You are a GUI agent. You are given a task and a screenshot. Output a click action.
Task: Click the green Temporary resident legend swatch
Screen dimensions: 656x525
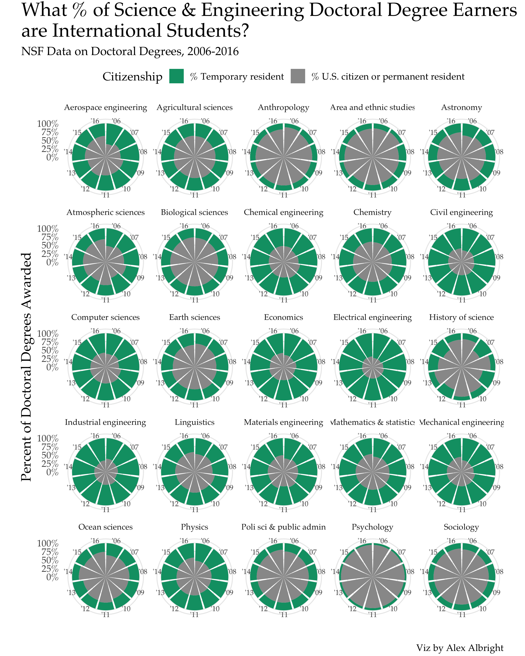pos(177,76)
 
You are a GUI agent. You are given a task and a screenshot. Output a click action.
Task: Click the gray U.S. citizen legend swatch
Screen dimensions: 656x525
pos(298,76)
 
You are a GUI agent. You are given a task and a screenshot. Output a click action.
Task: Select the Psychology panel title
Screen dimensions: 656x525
pos(372,527)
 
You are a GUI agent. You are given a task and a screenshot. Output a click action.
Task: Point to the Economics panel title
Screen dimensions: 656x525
pos(283,317)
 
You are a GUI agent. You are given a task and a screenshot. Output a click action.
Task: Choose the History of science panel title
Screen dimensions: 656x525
pos(461,317)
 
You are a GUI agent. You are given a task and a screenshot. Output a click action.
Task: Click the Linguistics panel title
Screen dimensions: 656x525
pos(194,422)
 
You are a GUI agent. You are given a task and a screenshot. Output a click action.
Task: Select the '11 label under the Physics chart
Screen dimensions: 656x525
pos(194,615)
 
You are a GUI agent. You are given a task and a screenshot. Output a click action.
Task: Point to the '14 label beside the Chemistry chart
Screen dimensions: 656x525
pos(335,257)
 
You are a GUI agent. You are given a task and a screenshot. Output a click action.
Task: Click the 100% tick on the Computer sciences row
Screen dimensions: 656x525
pos(48,333)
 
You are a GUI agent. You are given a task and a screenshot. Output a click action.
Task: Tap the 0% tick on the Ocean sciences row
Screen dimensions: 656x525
pos(52,577)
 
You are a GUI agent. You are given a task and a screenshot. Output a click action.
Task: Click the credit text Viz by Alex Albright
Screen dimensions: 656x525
pos(460,647)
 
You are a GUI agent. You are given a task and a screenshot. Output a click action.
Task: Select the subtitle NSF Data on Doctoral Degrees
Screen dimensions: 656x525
pos(130,51)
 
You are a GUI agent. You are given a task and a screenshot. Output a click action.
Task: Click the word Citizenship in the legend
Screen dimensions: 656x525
pos(132,77)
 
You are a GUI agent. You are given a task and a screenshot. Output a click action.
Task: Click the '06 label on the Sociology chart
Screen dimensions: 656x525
pos(472,541)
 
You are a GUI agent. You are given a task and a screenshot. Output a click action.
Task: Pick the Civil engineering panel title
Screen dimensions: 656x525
pos(461,212)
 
